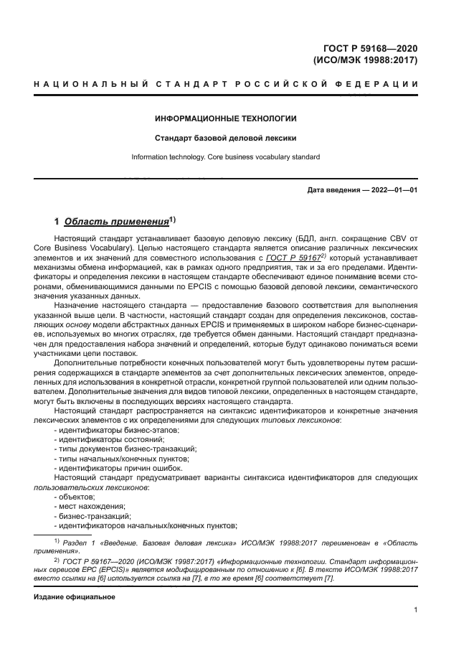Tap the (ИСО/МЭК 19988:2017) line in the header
coord(366,60)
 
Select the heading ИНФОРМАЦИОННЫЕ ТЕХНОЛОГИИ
coord(226,118)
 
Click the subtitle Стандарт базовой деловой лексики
coord(226,137)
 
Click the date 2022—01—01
coord(394,190)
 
